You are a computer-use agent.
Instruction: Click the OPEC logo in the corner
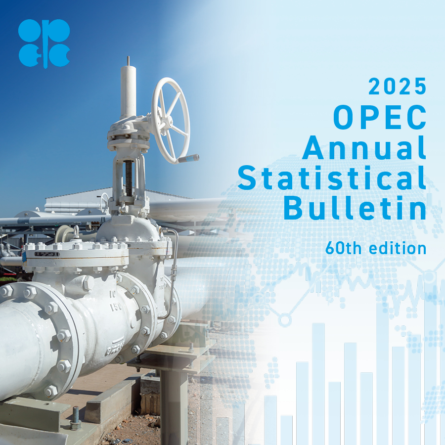pyautogui.click(x=44, y=43)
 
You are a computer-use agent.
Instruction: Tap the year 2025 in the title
pyautogui.click(x=397, y=87)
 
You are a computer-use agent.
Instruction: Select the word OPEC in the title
pyautogui.click(x=379, y=118)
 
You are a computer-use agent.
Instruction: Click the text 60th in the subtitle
pyautogui.click(x=343, y=248)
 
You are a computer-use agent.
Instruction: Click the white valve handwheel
pyautogui.click(x=171, y=120)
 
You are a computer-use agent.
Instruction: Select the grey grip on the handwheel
pyautogui.click(x=189, y=159)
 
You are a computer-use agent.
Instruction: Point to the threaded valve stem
pyautogui.click(x=129, y=178)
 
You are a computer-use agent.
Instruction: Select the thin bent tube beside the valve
pyautogui.click(x=174, y=277)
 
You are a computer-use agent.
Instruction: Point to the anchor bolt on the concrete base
pyautogui.click(x=76, y=418)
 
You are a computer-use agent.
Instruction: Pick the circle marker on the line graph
pyautogui.click(x=284, y=320)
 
